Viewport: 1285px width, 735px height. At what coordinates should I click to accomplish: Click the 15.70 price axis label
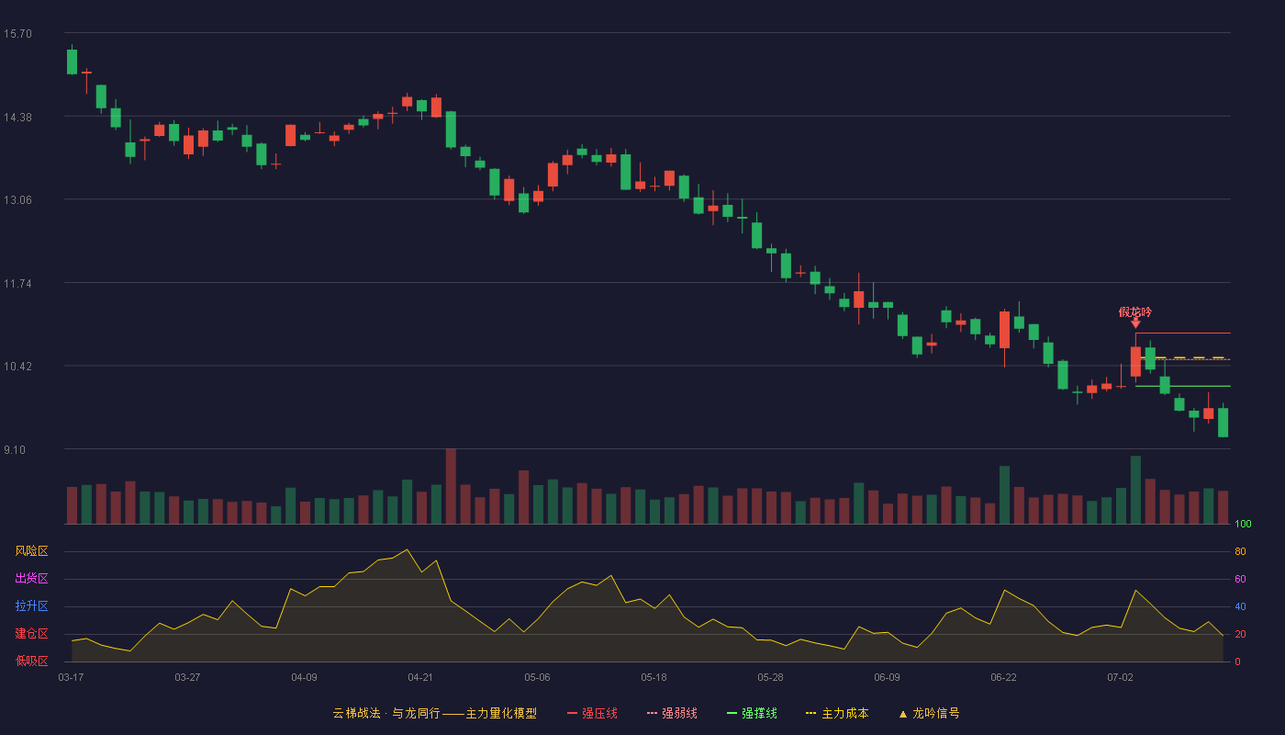17,34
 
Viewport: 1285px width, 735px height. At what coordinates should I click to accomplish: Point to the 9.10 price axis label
15,449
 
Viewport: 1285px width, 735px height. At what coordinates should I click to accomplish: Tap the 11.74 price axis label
17,284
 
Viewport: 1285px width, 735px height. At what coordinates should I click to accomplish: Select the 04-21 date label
420,678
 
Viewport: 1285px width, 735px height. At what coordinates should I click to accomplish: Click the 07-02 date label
1120,678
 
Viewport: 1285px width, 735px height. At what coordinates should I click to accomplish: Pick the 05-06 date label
537,678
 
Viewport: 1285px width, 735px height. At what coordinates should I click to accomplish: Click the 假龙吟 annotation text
1134,312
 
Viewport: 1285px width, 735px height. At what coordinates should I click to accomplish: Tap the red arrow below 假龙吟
1135,323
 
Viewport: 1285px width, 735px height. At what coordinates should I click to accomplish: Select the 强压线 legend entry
592,713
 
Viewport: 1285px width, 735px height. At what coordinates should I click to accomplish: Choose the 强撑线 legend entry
752,713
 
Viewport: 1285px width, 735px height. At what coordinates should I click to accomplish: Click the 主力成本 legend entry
837,713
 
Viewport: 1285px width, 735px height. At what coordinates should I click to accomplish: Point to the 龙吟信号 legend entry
929,713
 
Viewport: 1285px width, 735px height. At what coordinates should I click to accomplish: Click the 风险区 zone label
31,551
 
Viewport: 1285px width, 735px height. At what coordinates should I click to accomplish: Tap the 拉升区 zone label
31,606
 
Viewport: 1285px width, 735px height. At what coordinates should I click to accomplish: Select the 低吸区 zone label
31,661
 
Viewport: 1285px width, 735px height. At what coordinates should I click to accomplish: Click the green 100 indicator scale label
1243,524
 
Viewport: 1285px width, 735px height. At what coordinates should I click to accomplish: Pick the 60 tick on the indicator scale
1240,579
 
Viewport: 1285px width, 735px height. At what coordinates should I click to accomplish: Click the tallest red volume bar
451,486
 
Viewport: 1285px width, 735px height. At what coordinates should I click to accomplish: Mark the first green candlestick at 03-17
72,62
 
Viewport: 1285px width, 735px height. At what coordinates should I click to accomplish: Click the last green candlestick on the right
1223,422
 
